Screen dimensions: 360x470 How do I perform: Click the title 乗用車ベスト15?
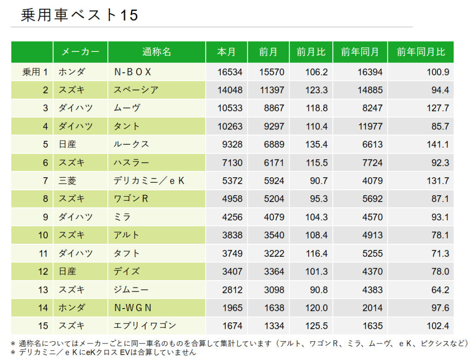click(x=79, y=15)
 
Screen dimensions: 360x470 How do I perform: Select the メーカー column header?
click(x=80, y=52)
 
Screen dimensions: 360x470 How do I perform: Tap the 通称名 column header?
click(x=157, y=52)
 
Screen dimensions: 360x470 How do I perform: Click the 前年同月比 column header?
click(x=420, y=52)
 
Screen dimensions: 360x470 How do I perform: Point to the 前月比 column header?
click(x=311, y=52)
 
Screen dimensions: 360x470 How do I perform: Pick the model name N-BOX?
click(x=133, y=72)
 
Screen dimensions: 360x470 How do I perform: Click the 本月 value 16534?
click(x=229, y=72)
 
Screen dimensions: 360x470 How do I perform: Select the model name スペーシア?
click(x=136, y=90)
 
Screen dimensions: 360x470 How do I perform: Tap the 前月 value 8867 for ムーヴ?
click(x=274, y=108)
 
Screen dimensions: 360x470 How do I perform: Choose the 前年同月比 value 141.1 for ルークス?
click(x=438, y=145)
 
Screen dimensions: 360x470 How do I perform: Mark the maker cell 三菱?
click(x=67, y=181)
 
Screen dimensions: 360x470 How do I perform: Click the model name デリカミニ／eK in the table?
click(x=149, y=181)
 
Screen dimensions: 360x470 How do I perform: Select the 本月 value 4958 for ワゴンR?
click(x=232, y=199)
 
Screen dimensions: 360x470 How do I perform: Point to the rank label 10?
click(x=43, y=235)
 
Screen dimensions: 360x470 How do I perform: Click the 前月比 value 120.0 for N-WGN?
click(x=317, y=308)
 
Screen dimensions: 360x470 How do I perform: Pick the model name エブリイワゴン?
click(x=145, y=326)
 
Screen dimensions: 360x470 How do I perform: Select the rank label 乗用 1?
click(x=35, y=72)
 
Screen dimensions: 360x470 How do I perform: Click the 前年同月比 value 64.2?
click(x=440, y=290)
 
